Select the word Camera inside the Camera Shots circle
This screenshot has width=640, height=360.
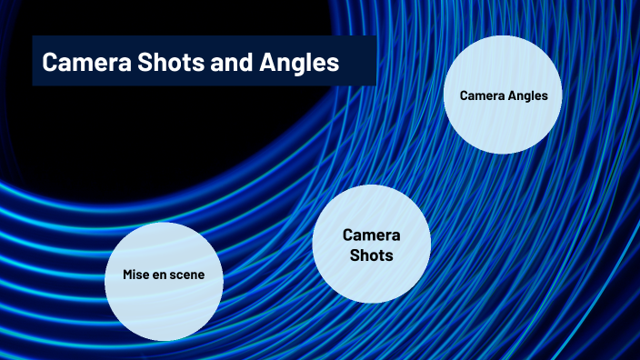(371, 235)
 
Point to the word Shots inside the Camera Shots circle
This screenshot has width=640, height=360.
(371, 255)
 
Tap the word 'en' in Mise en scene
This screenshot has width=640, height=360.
(163, 275)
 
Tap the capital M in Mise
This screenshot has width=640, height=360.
(128, 275)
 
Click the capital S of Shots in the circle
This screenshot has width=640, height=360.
(355, 255)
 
